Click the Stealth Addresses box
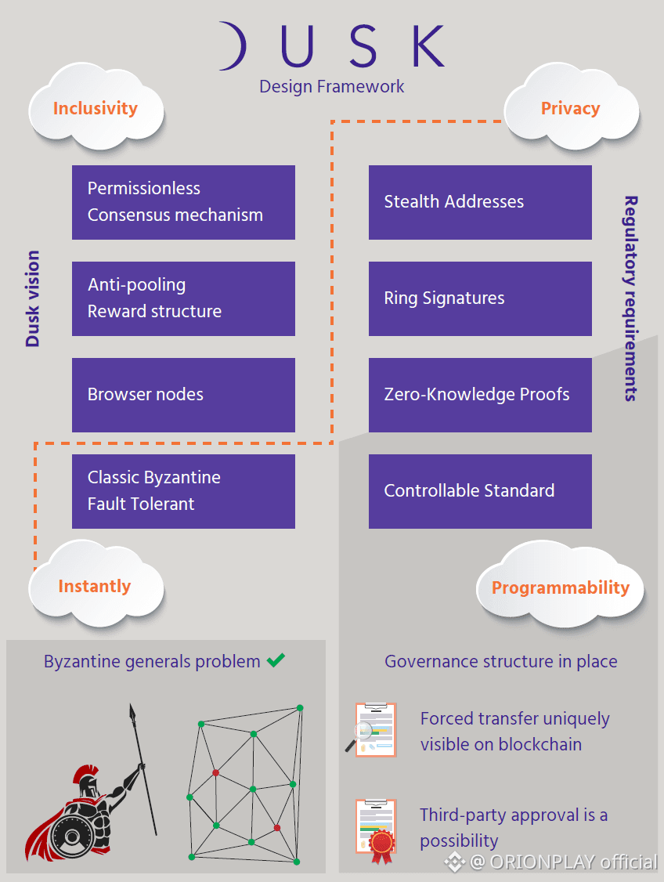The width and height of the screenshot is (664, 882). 480,202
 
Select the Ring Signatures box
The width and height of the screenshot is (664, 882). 480,298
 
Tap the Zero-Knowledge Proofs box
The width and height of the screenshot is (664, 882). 480,395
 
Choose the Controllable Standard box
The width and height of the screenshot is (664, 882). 480,491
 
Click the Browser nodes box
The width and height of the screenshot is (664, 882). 183,395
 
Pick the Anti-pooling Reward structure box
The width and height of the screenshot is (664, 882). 183,298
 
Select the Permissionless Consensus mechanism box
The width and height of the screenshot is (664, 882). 183,202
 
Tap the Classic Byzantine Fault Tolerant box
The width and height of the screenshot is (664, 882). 183,491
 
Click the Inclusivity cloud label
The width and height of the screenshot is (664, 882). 96,109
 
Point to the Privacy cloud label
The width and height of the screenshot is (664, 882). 570,109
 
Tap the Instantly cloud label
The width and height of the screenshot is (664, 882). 95,586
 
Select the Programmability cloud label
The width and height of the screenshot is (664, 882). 560,587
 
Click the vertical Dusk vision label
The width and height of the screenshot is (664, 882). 33,298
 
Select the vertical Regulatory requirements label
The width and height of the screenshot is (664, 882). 630,298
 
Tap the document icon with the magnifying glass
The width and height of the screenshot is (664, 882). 373,729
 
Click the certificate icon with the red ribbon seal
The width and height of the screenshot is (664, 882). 377,826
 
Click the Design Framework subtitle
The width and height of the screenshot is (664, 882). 332,86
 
